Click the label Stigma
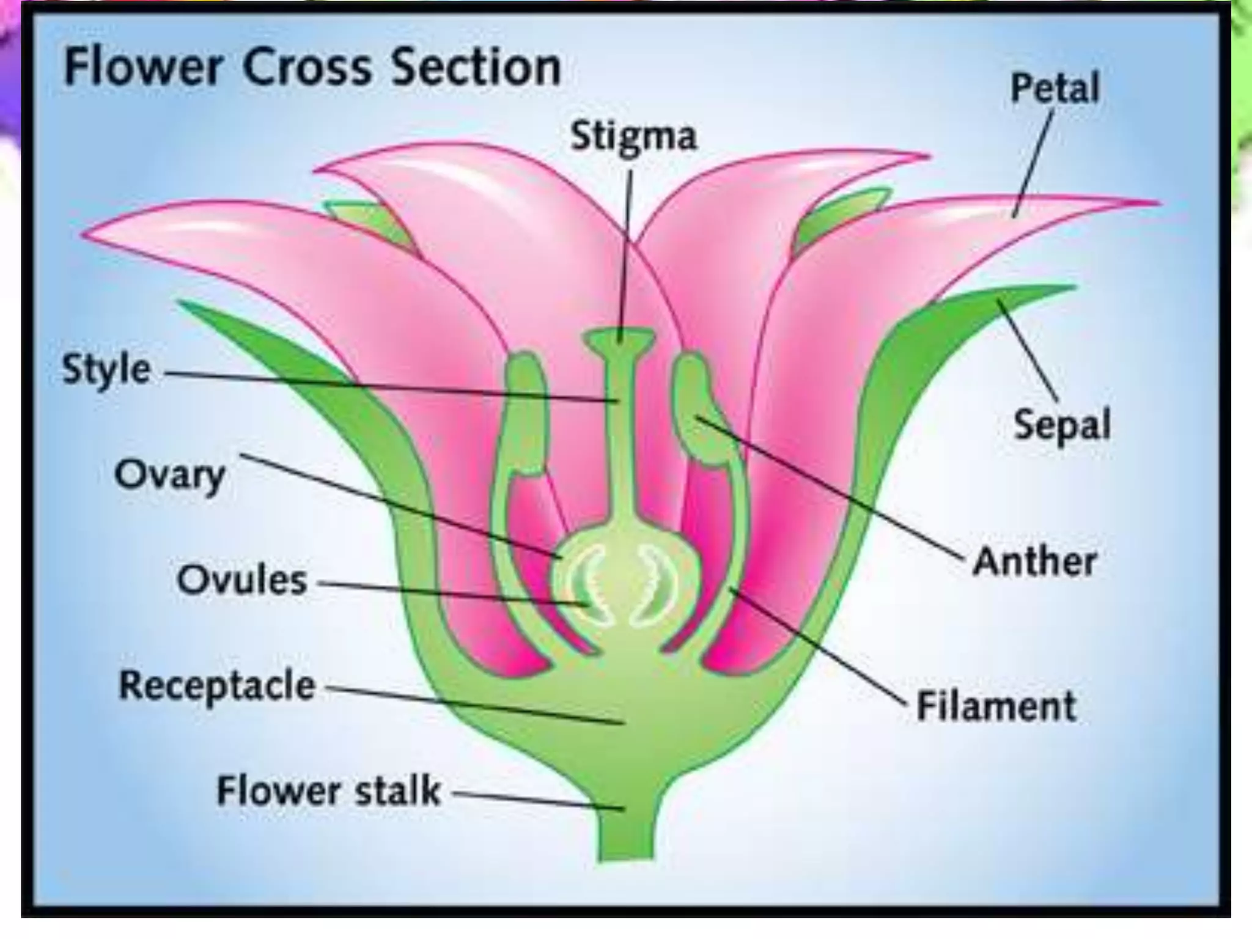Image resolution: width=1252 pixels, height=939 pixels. pos(633,136)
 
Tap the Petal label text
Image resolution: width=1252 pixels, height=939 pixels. pos(1055,88)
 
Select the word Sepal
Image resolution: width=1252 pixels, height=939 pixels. pos(1062,424)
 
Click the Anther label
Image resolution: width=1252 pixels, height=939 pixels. pos(1035,561)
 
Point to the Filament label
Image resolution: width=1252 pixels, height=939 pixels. pos(996,706)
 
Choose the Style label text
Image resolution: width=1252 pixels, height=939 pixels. pos(106,369)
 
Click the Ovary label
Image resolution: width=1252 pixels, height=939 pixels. pos(169,475)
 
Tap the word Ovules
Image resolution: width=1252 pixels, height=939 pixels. pos(242,580)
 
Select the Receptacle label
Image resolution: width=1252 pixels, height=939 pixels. pos(217,685)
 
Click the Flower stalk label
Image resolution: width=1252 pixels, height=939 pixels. pos(328,790)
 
